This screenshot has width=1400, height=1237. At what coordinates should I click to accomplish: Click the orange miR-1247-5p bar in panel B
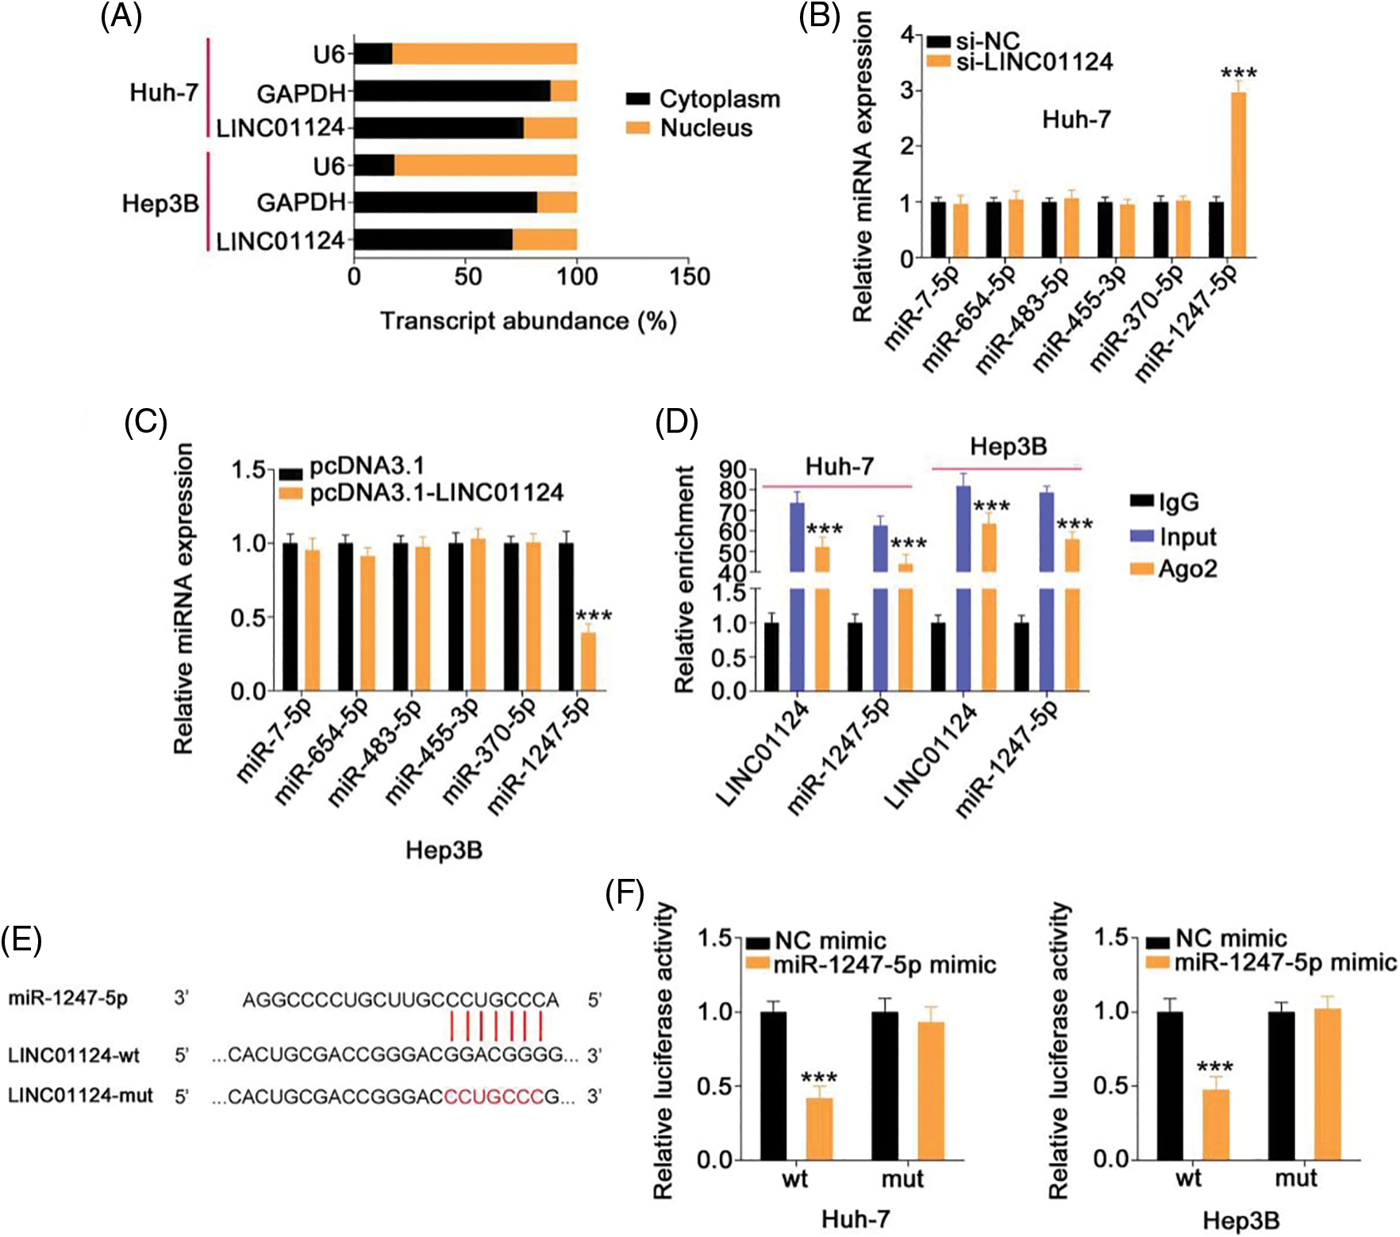(x=1238, y=175)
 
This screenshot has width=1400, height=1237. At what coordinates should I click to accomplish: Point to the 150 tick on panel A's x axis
(x=689, y=276)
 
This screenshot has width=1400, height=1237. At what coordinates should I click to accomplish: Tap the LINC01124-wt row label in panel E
(x=74, y=1055)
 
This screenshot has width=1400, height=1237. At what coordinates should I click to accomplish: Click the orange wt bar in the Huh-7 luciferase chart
(x=820, y=1128)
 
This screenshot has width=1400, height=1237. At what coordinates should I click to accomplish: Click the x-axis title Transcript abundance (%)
(x=528, y=321)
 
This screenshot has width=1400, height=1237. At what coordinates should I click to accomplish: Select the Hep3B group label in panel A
(x=160, y=204)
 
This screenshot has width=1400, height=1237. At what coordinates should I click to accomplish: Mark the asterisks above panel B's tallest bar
(x=1238, y=75)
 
